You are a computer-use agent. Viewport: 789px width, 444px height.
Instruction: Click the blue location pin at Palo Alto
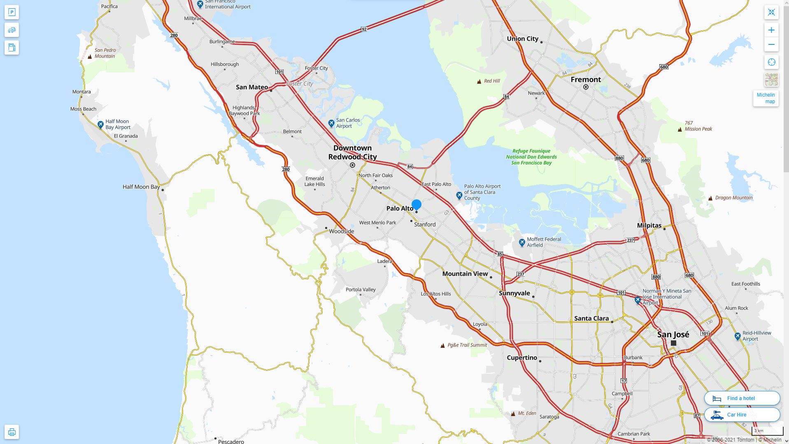pyautogui.click(x=417, y=204)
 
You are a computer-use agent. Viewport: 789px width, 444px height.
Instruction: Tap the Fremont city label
pyautogui.click(x=585, y=79)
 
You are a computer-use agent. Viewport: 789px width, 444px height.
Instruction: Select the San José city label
pyautogui.click(x=673, y=334)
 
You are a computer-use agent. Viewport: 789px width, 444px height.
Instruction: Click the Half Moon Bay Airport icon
pyautogui.click(x=100, y=125)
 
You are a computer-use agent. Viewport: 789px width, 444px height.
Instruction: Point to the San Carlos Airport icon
pyautogui.click(x=331, y=123)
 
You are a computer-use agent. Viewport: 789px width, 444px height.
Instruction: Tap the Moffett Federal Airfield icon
pyautogui.click(x=522, y=242)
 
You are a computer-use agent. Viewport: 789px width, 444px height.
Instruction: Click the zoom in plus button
pyautogui.click(x=771, y=30)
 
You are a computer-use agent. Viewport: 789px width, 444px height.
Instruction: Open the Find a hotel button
pyautogui.click(x=742, y=398)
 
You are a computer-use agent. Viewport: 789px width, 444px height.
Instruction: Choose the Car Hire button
pyautogui.click(x=742, y=414)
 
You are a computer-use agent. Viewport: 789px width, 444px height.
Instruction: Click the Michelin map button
pyautogui.click(x=766, y=98)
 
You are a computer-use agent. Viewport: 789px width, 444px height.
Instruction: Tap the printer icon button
pyautogui.click(x=12, y=432)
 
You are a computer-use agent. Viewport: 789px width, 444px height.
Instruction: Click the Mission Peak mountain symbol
pyautogui.click(x=680, y=129)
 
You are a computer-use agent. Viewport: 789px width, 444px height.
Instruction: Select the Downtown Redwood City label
pyautogui.click(x=352, y=152)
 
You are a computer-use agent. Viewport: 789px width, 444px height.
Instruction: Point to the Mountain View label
pyautogui.click(x=465, y=274)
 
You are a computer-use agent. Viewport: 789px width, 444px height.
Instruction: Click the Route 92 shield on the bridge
pyautogui.click(x=364, y=29)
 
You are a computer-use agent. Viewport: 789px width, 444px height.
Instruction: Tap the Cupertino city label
pyautogui.click(x=521, y=358)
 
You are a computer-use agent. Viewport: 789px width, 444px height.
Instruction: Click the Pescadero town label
pyautogui.click(x=231, y=442)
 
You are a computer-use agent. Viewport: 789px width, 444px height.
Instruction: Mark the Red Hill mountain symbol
pyautogui.click(x=479, y=81)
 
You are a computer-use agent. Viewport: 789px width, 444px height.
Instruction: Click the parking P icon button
pyautogui.click(x=12, y=12)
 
